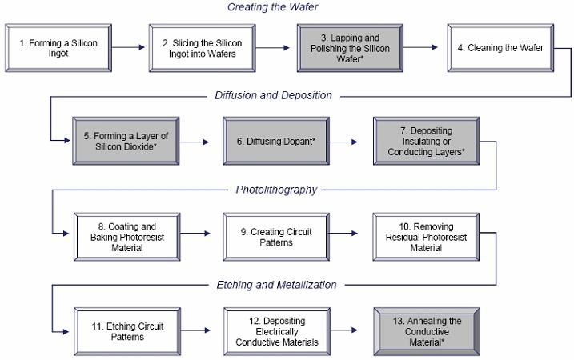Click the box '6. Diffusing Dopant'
point(276,141)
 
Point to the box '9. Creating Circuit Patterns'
point(276,236)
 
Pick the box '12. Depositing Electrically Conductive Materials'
point(276,330)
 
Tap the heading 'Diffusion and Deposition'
point(273,95)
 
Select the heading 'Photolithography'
point(276,190)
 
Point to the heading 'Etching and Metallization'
point(276,284)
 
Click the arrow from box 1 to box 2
point(128,48)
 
